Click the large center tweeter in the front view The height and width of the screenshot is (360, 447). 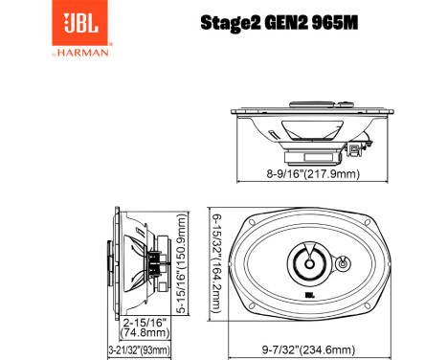(311, 259)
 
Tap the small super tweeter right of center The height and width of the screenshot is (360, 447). (345, 260)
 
